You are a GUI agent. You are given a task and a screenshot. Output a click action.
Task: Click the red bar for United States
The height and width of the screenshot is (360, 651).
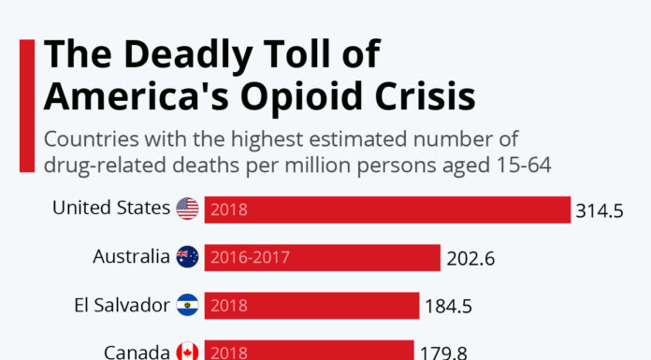coord(387,209)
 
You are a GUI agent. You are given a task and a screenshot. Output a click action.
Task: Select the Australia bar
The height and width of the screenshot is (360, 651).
coord(322,257)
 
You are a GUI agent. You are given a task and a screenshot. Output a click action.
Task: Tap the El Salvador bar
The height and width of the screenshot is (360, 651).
coord(311,305)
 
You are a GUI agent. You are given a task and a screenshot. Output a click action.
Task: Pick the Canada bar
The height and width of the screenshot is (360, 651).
coord(309,351)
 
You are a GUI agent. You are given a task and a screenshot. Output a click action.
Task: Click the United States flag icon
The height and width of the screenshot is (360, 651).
coord(187,209)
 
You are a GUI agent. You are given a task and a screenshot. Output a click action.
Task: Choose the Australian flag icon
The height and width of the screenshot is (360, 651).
coord(187,256)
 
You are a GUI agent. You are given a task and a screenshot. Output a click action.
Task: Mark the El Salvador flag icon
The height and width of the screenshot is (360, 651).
coord(187,304)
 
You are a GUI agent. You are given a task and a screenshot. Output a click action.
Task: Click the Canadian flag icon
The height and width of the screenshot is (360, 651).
coord(187,352)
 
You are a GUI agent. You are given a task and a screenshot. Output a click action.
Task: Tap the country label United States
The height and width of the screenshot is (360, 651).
coord(111,208)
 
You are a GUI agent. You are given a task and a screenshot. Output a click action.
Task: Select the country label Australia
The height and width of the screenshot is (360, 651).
coord(132,255)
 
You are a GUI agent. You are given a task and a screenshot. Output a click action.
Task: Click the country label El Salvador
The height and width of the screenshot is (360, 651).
coord(122,303)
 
